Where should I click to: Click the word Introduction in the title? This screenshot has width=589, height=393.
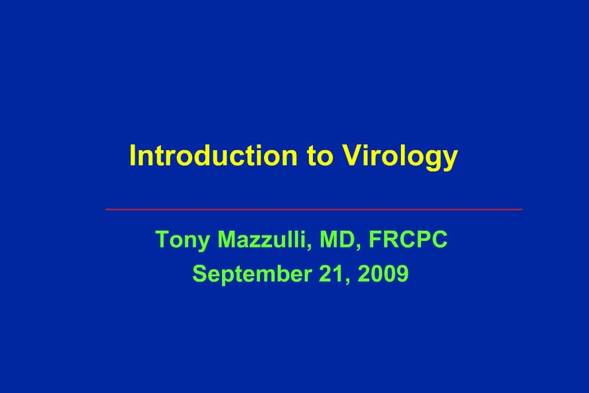point(212,156)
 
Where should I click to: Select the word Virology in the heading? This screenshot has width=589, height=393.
point(400,156)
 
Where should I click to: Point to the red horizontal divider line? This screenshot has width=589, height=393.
point(314,209)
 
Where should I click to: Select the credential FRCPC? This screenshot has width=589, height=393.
point(408,241)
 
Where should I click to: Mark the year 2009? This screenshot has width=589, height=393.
point(383,274)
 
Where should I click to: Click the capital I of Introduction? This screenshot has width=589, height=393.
point(133,156)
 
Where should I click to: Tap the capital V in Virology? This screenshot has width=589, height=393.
point(352,156)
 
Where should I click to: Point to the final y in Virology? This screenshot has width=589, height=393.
point(450,159)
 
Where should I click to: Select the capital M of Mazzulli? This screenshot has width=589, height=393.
point(228,241)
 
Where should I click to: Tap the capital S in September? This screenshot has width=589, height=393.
point(198,274)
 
